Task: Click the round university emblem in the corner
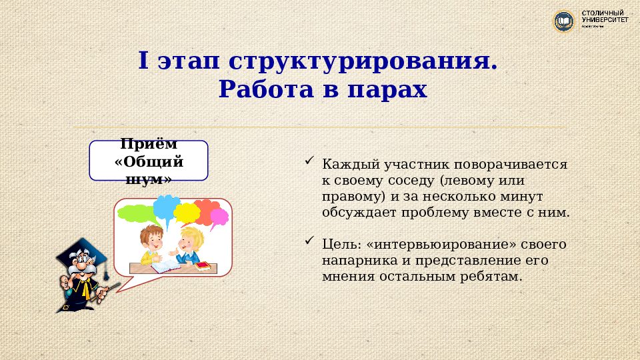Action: point(564,22)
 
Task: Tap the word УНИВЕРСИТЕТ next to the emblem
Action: point(605,21)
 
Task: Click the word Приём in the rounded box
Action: point(149,145)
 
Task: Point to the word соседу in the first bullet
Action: point(407,181)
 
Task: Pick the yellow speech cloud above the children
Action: point(187,213)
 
